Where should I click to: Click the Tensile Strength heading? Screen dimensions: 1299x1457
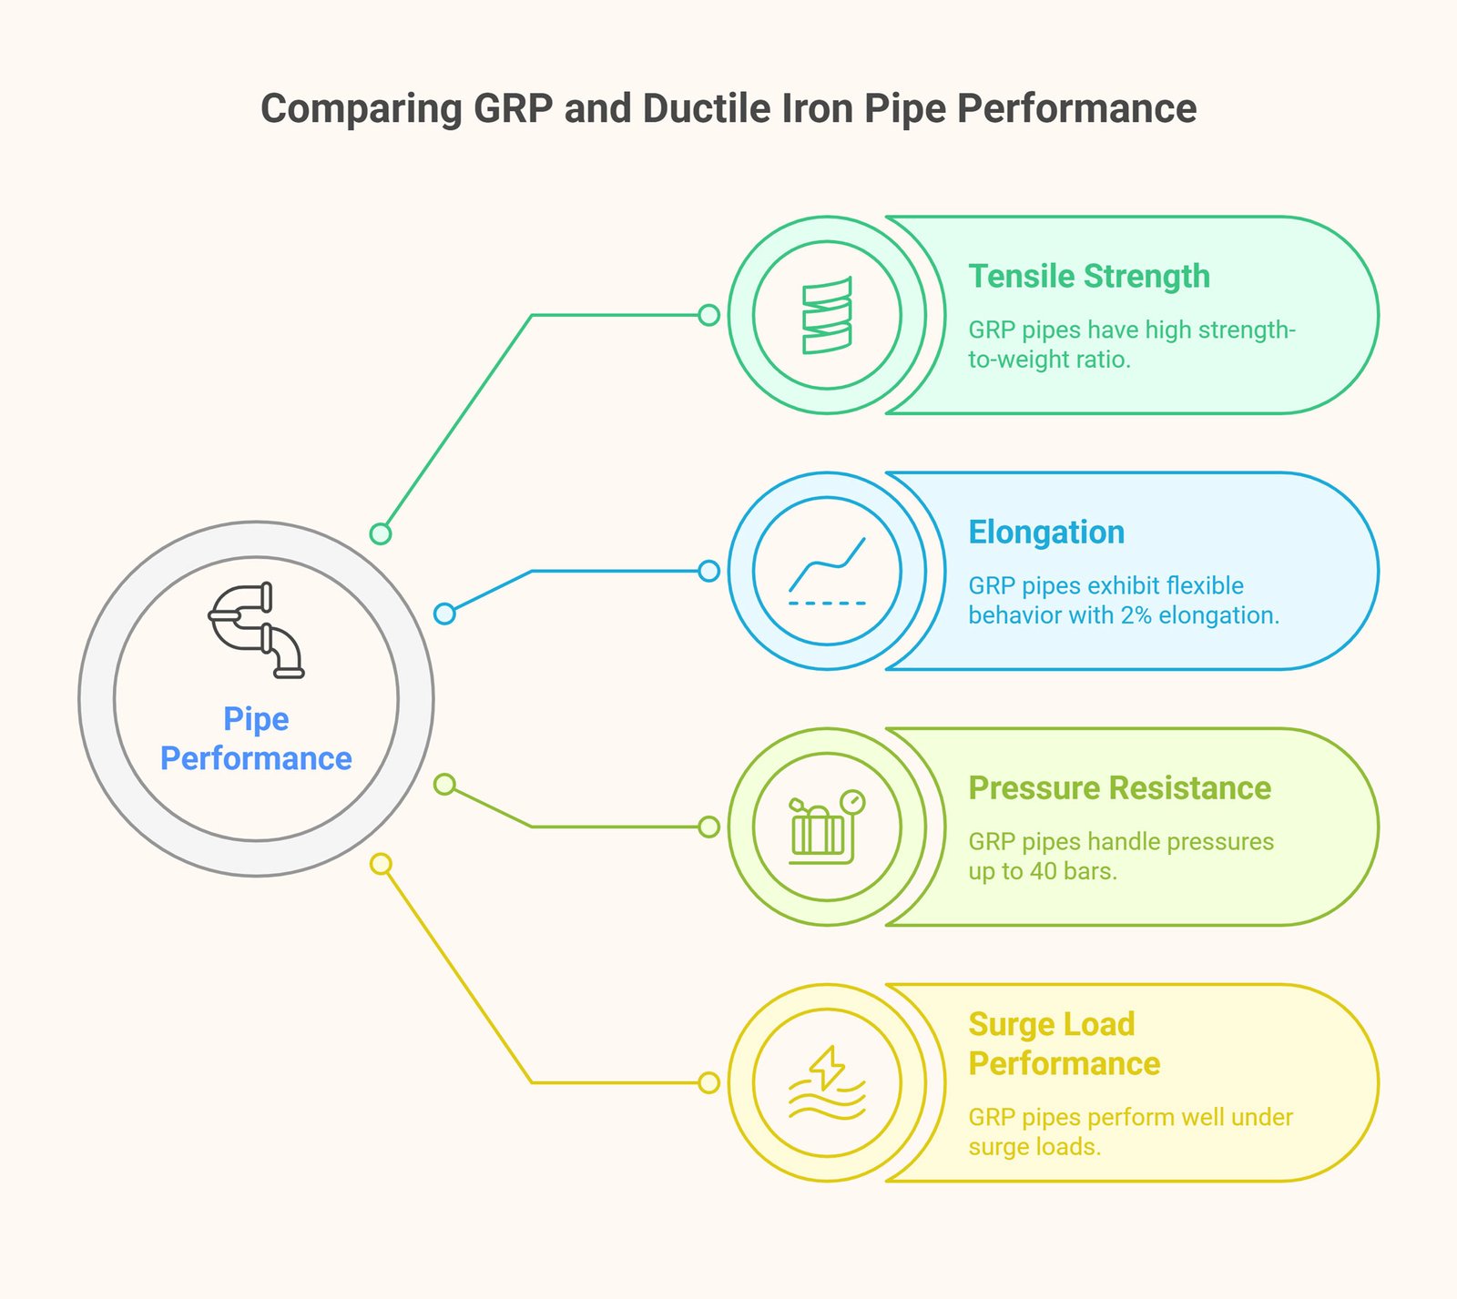1088,276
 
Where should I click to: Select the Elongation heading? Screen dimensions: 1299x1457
1045,532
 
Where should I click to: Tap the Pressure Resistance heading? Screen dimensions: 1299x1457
1119,787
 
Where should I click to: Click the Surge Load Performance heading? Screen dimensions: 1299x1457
1063,1043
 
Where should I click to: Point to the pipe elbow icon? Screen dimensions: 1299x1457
256,630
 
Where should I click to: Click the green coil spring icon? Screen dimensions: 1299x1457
827,315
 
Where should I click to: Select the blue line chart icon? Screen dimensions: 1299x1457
827,571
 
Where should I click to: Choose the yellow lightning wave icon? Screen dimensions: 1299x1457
827,1082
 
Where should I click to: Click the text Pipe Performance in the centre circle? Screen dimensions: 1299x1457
256,738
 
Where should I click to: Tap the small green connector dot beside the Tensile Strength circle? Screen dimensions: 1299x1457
708,315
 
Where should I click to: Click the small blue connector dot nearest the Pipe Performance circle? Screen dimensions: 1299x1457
444,614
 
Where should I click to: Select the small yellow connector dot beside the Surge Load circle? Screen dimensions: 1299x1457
708,1082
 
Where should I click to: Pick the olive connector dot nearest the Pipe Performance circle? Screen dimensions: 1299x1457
444,784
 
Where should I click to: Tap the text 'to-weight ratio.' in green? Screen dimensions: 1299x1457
1048,360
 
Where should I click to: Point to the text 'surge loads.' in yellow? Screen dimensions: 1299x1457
1034,1147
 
